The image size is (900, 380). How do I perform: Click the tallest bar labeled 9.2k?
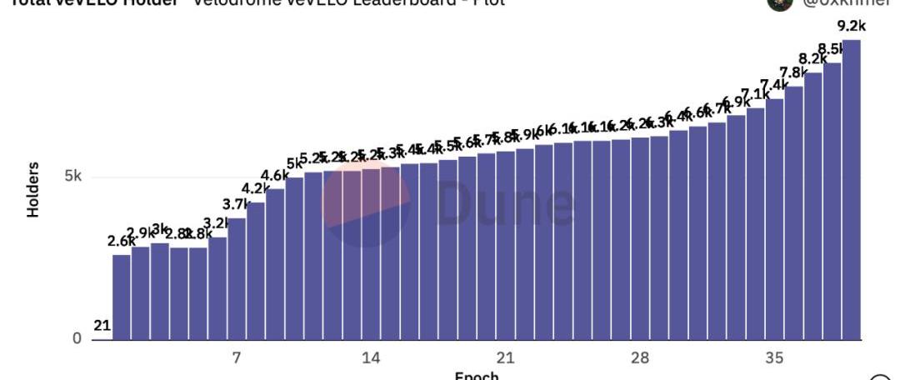point(851,192)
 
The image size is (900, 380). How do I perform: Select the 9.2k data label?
point(849,26)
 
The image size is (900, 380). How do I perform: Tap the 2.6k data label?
point(122,241)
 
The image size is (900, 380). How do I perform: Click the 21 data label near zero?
point(102,326)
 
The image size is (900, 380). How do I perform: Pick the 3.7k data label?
point(237,204)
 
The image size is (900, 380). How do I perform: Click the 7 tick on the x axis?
point(237,357)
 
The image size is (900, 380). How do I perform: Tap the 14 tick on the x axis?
point(371,357)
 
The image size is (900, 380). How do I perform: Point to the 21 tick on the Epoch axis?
point(505,357)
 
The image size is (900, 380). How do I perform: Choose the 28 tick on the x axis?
point(639,357)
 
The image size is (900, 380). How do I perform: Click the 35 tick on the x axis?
point(774,357)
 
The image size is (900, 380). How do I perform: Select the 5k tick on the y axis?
point(72,177)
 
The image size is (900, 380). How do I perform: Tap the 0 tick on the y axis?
point(77,338)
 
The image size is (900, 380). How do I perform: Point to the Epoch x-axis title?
point(477,376)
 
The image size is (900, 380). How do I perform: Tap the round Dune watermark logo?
point(367,203)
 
